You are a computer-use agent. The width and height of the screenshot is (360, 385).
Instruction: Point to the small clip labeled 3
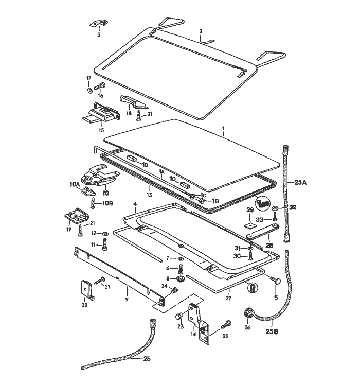tap(99, 24)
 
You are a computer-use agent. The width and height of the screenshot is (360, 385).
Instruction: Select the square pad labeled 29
tap(249, 224)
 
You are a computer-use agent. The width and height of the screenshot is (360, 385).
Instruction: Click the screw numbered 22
tap(225, 325)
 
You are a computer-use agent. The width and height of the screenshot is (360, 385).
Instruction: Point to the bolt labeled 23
tap(181, 317)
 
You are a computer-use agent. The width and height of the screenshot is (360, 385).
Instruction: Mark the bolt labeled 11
tap(105, 245)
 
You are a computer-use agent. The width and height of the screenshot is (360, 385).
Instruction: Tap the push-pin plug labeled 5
tap(276, 281)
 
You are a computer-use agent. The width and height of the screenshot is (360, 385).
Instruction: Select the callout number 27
tap(229, 296)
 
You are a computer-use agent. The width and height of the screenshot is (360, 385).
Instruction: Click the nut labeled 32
tap(276, 208)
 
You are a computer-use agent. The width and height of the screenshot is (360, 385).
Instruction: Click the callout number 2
tap(201, 31)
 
